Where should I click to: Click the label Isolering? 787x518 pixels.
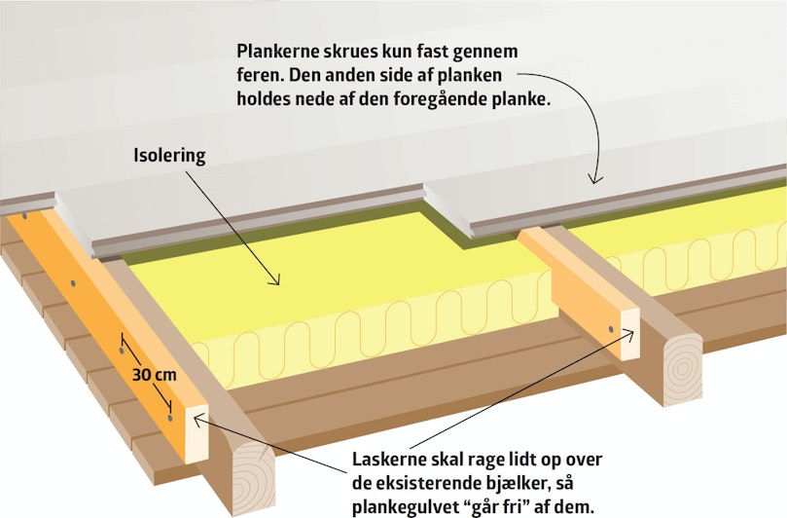169,155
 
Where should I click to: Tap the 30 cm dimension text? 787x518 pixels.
155,374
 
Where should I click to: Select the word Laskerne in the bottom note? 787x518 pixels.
388,460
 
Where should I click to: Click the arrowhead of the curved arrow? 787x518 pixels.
595,178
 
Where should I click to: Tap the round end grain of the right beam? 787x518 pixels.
682,369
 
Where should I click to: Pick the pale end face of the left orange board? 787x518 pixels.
197,433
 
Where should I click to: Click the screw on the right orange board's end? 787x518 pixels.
611,329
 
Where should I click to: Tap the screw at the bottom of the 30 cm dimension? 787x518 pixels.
170,418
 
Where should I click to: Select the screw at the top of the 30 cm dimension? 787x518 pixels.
122,351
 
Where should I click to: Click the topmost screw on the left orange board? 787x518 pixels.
24,216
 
